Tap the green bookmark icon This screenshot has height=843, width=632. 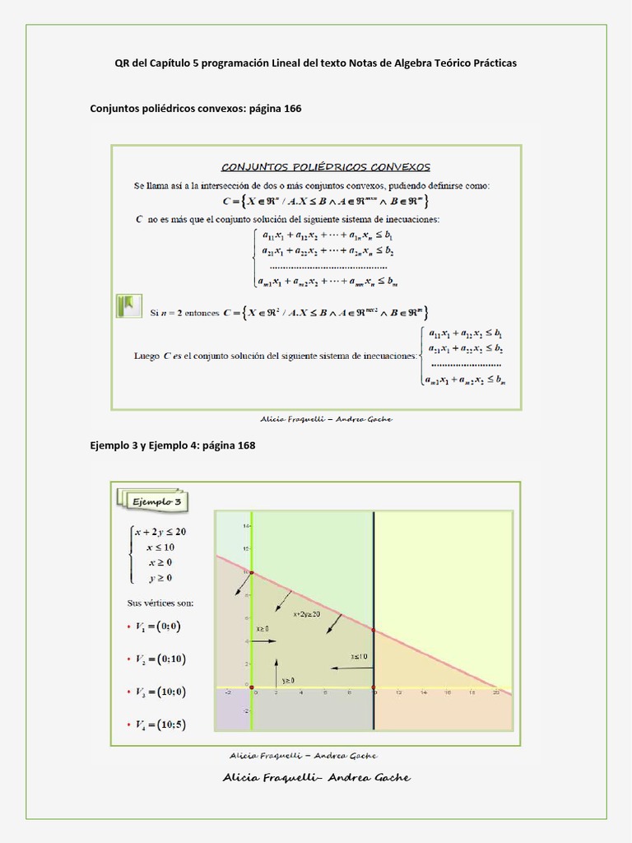point(128,307)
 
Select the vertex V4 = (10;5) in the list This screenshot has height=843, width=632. point(161,724)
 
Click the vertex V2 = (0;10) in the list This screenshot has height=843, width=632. point(161,659)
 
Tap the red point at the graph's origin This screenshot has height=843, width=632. point(252,687)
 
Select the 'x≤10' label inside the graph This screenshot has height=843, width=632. point(359,657)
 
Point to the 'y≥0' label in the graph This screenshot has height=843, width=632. point(289,681)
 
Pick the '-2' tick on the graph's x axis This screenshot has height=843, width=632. point(228,693)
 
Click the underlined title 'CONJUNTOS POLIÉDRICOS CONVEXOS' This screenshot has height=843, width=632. point(325,167)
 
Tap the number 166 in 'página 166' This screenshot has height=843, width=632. point(292,109)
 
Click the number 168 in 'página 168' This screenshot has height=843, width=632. point(246,445)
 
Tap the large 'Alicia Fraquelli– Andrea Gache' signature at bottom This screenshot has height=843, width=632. point(316,778)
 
